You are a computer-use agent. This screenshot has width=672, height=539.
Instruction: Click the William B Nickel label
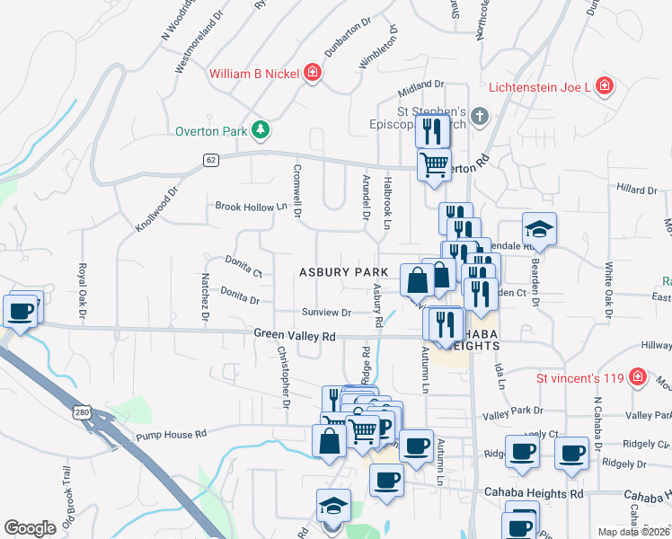point(254,74)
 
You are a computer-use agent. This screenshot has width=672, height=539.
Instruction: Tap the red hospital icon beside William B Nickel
point(313,73)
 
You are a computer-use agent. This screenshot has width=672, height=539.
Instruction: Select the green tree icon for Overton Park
point(261,131)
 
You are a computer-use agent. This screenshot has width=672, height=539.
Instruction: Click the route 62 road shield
point(210,160)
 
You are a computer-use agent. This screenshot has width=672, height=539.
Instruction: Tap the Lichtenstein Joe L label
point(539,87)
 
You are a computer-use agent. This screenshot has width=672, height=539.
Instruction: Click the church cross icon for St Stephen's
point(480,116)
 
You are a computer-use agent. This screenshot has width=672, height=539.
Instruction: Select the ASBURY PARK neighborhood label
point(343,272)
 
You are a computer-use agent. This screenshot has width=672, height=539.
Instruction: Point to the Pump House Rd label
point(171,434)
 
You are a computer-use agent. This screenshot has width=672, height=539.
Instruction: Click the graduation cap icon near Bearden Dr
point(540,228)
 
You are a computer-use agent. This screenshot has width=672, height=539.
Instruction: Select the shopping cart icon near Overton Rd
point(435,165)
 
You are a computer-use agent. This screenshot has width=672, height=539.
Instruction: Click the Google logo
point(30,527)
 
